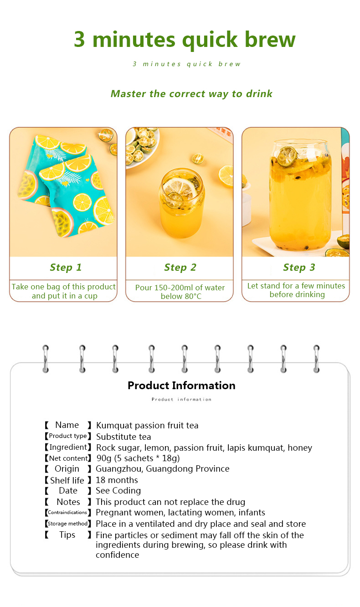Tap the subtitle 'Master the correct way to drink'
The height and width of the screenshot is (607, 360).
tap(191, 94)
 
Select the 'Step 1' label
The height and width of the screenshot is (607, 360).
tap(66, 267)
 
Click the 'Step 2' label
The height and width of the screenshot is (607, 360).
tap(180, 267)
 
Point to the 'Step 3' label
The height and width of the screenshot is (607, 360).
tap(299, 267)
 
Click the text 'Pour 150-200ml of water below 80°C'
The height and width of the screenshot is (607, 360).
tap(180, 292)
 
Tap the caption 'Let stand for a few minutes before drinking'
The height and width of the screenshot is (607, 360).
tap(296, 290)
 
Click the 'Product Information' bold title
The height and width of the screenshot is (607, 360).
tap(181, 386)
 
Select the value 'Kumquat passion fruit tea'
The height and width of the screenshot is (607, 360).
tap(147, 426)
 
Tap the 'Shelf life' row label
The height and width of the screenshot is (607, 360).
tap(67, 480)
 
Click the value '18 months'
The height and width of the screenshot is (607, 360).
tap(117, 480)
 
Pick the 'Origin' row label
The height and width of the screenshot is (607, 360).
tap(67, 469)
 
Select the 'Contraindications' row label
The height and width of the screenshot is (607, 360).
tap(67, 513)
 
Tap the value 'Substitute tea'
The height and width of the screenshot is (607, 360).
tap(123, 437)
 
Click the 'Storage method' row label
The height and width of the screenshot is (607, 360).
tap(67, 524)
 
